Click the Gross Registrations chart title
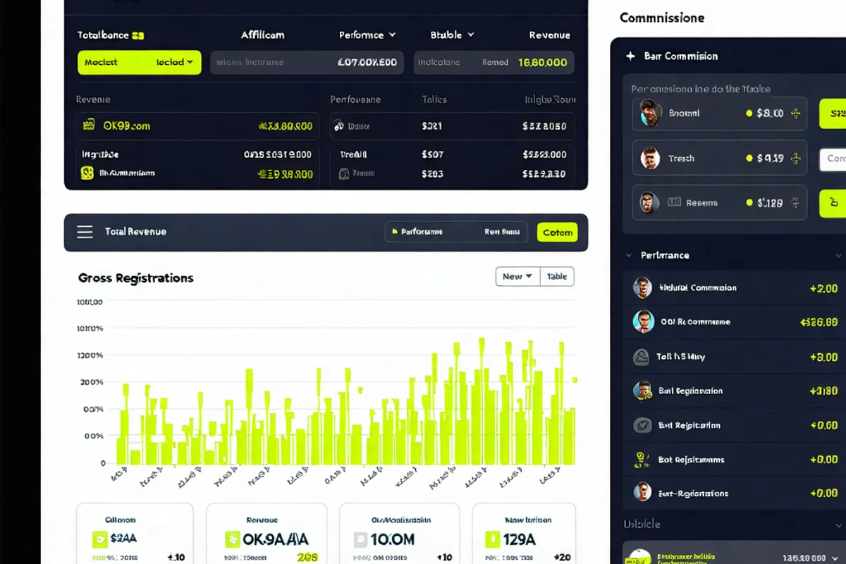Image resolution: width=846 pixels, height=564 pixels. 135,278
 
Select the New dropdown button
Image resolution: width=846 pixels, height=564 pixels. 517,276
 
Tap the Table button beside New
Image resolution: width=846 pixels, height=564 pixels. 557,276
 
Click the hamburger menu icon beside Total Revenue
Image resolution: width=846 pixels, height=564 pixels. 85,232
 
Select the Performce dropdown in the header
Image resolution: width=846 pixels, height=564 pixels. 367,35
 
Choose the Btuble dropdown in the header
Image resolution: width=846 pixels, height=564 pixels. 452,35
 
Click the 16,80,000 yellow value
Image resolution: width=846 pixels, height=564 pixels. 542,62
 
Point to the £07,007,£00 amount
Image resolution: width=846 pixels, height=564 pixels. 367,62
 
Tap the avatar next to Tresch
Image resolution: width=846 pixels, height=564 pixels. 650,159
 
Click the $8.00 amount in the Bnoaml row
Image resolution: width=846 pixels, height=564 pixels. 769,113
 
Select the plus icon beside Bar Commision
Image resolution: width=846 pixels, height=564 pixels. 630,56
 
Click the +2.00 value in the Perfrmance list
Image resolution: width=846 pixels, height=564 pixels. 823,288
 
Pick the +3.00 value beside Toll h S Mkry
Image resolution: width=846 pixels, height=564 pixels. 823,357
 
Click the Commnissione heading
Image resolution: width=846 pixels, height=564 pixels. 661,18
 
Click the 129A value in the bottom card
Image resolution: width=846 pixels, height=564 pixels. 520,540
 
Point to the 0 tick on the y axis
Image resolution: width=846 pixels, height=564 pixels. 103,463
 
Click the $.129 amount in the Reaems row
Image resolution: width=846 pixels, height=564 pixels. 770,203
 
